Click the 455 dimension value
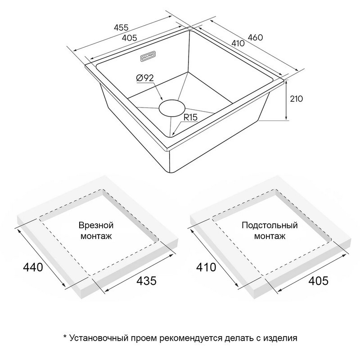[x=121, y=27]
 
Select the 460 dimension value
[x=255, y=37]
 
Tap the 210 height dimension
[x=297, y=99]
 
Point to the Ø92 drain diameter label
[x=145, y=78]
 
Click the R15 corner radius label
[x=190, y=117]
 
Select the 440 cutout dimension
[x=33, y=267]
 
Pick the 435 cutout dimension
[x=147, y=280]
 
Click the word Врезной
[x=96, y=225]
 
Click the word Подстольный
[x=270, y=225]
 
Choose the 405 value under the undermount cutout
[x=319, y=280]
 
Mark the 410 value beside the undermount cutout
[x=206, y=267]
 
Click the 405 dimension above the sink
[x=129, y=38]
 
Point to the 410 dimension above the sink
[x=238, y=43]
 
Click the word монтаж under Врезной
[x=96, y=236]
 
